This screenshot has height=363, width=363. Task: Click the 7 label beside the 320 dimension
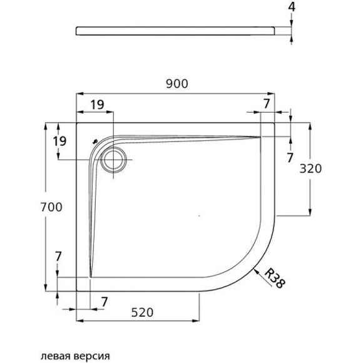pos(289,158)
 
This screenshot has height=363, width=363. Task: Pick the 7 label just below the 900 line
pos(267,103)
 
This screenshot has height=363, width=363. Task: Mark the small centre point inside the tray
pos(199,216)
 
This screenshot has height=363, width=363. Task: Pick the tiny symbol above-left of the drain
pos(95,141)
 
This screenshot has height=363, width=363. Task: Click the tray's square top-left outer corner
pos(76,123)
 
